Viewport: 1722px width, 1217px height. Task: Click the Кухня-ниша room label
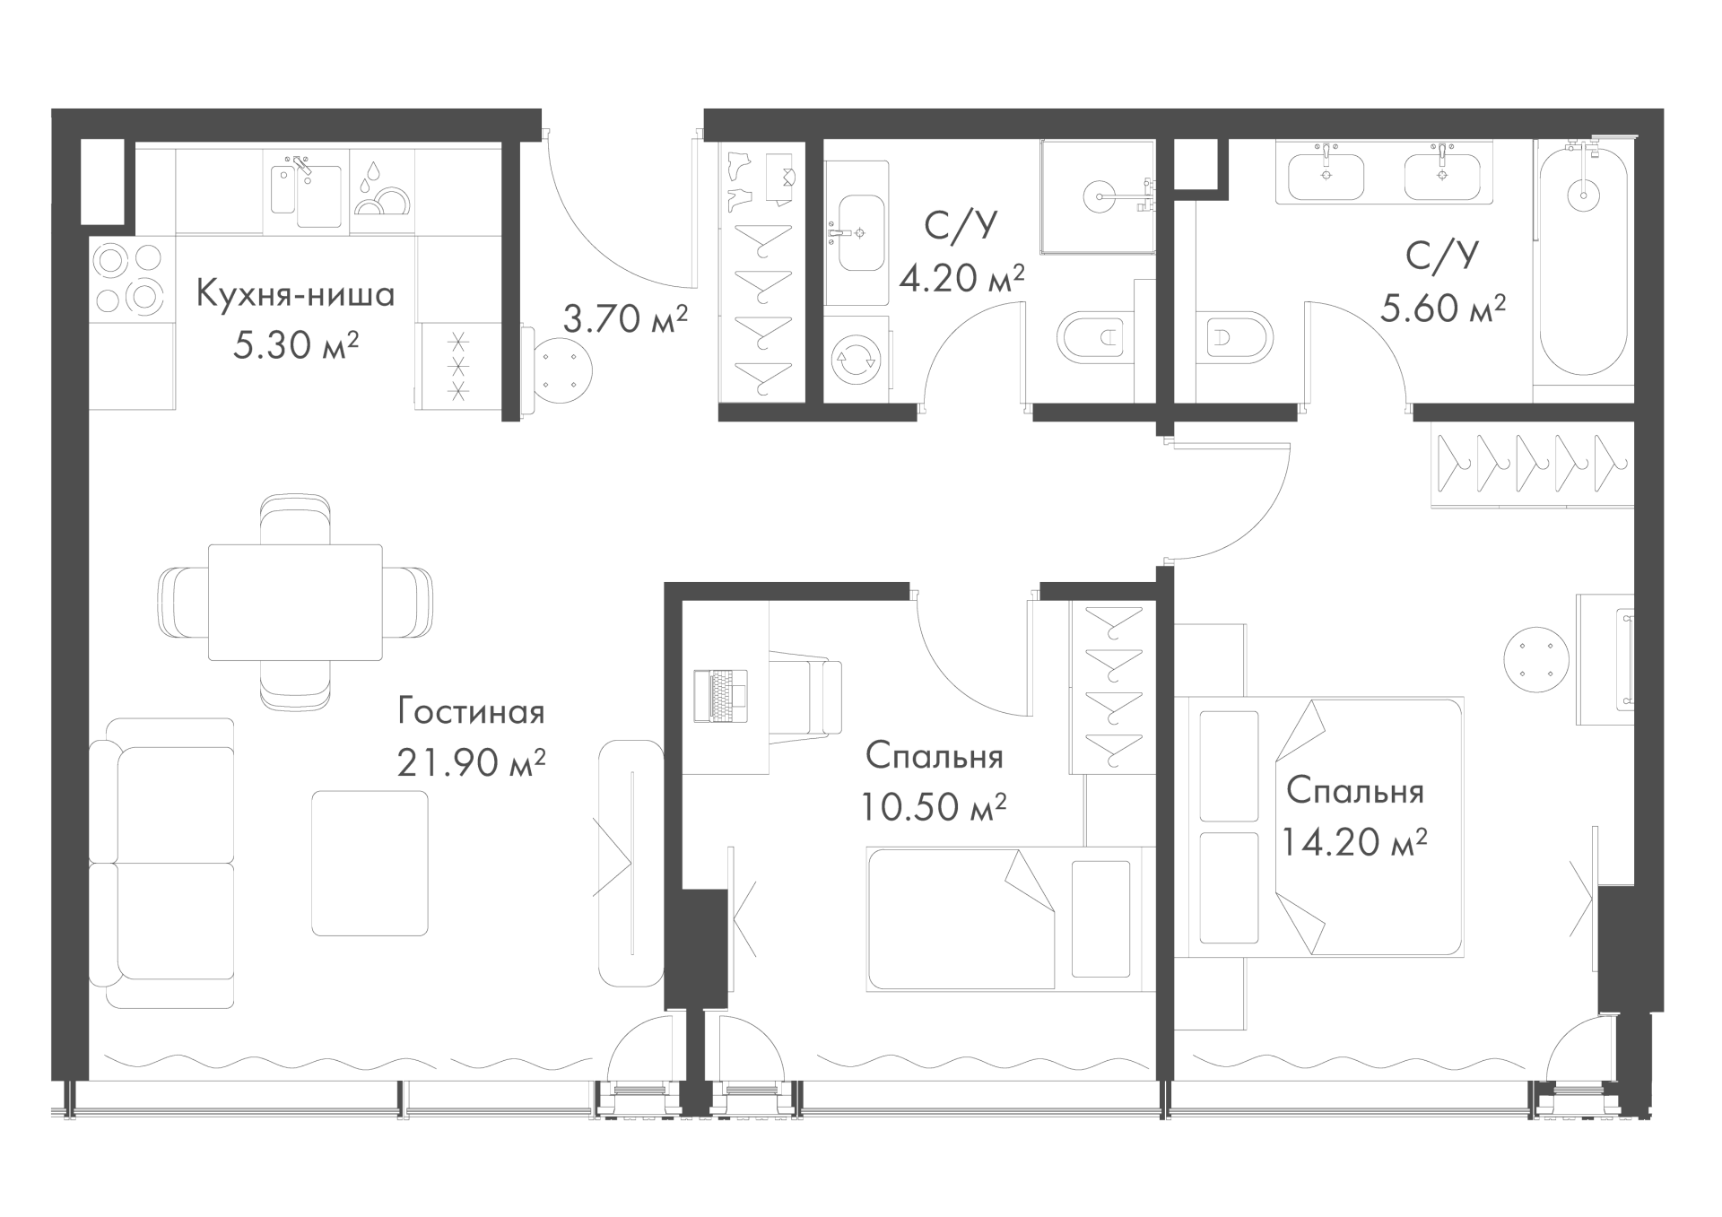tap(295, 294)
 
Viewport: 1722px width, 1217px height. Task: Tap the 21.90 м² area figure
tap(471, 763)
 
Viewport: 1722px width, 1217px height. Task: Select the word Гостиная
tap(471, 712)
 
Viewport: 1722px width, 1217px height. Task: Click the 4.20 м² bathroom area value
tap(961, 278)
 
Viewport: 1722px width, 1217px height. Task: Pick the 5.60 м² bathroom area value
tap(1442, 309)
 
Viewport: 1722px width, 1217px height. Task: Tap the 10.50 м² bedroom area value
tap(933, 807)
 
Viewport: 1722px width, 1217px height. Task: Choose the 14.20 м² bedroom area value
tap(1354, 842)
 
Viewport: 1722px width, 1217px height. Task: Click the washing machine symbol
tap(856, 360)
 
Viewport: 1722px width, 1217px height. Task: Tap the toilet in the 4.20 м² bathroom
tap(1095, 337)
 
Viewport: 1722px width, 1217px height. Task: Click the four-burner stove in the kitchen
tap(131, 277)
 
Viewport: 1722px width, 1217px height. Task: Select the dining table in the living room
tap(296, 601)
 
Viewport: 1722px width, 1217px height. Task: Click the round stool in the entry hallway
tap(561, 369)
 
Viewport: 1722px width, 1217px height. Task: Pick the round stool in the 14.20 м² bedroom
tap(1537, 658)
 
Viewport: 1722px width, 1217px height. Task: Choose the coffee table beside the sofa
tap(370, 863)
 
